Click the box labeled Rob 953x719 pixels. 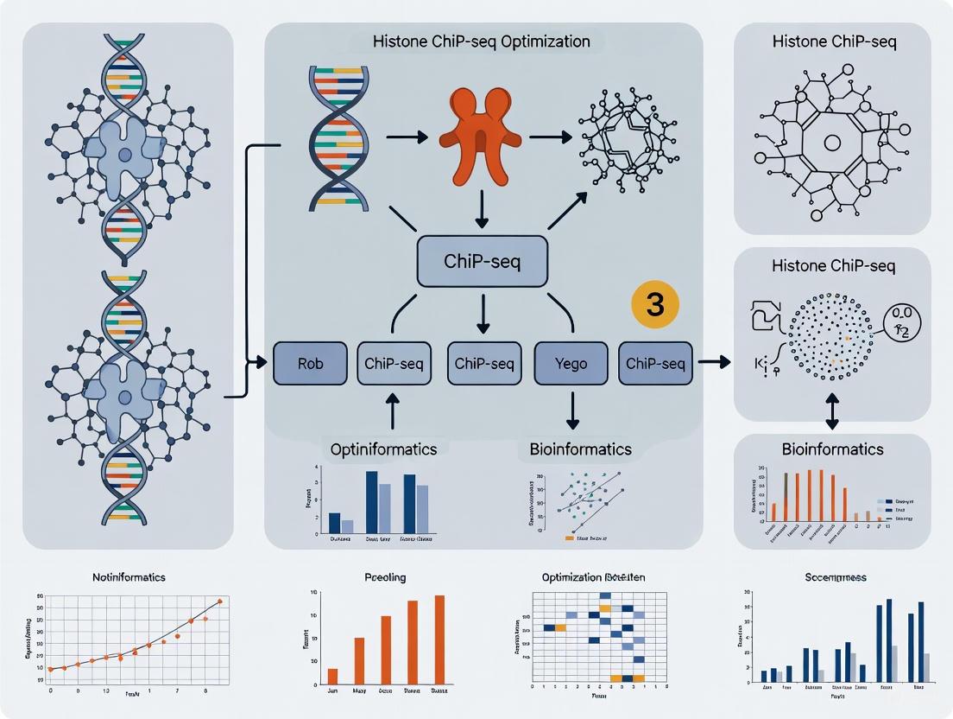pyautogui.click(x=310, y=364)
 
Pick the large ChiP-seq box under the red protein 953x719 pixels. pyautogui.click(x=482, y=261)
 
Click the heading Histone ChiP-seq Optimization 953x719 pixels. pyautogui.click(x=482, y=41)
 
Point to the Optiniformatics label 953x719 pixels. pyautogui.click(x=383, y=449)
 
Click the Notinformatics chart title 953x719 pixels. pyautogui.click(x=129, y=576)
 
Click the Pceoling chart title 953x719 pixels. pyautogui.click(x=386, y=576)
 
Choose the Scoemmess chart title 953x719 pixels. pyautogui.click(x=836, y=576)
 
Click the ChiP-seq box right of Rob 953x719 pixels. pyautogui.click(x=394, y=364)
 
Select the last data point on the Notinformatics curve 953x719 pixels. pyautogui.click(x=220, y=601)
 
